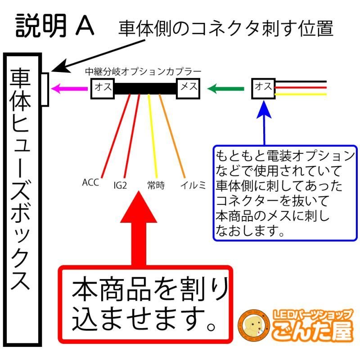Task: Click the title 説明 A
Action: [55, 26]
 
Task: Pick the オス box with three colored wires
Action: [263, 87]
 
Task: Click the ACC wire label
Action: [91, 183]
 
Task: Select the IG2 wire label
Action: [120, 184]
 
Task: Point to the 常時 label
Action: [156, 184]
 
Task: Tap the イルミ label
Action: [193, 184]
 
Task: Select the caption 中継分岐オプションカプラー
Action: [143, 72]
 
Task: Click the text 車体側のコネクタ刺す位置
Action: [225, 29]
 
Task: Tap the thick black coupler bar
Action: [145, 88]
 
